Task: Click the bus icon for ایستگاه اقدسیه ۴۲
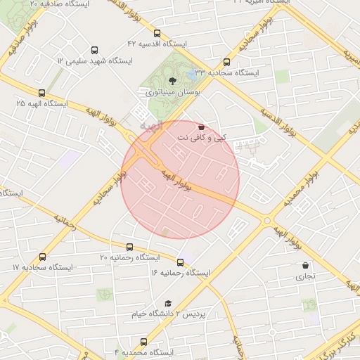coord(156,32)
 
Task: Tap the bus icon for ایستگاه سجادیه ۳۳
coord(226,62)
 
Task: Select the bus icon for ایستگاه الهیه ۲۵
coord(42,93)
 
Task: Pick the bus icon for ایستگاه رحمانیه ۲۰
coord(129,247)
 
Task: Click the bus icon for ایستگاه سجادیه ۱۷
coord(42,257)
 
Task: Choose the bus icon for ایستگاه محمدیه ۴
coord(143,342)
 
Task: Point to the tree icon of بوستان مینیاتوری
coord(173,82)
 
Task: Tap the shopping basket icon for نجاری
coord(305,266)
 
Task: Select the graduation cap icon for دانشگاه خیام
coord(167,303)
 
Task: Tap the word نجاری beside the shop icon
coord(305,277)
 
